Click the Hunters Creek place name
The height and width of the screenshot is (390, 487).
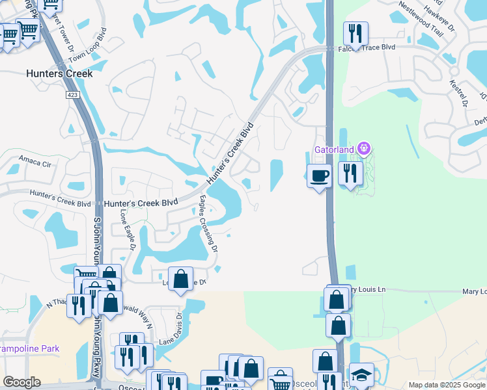[x=59, y=73]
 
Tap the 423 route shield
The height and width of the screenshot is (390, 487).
[x=72, y=95]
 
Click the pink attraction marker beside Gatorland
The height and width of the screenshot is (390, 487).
[x=363, y=149]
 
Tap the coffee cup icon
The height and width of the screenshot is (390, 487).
[x=319, y=176]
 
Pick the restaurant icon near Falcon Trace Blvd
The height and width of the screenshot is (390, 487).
[x=355, y=34]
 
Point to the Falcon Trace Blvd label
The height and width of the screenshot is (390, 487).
[x=370, y=47]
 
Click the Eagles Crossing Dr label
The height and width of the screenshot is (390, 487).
[x=208, y=224]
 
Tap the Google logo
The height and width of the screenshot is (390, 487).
[x=21, y=382]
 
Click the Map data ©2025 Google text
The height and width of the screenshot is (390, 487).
[x=446, y=385]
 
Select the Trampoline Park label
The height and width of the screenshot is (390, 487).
[x=29, y=349]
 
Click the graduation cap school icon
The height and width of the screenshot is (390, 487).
[x=361, y=375]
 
